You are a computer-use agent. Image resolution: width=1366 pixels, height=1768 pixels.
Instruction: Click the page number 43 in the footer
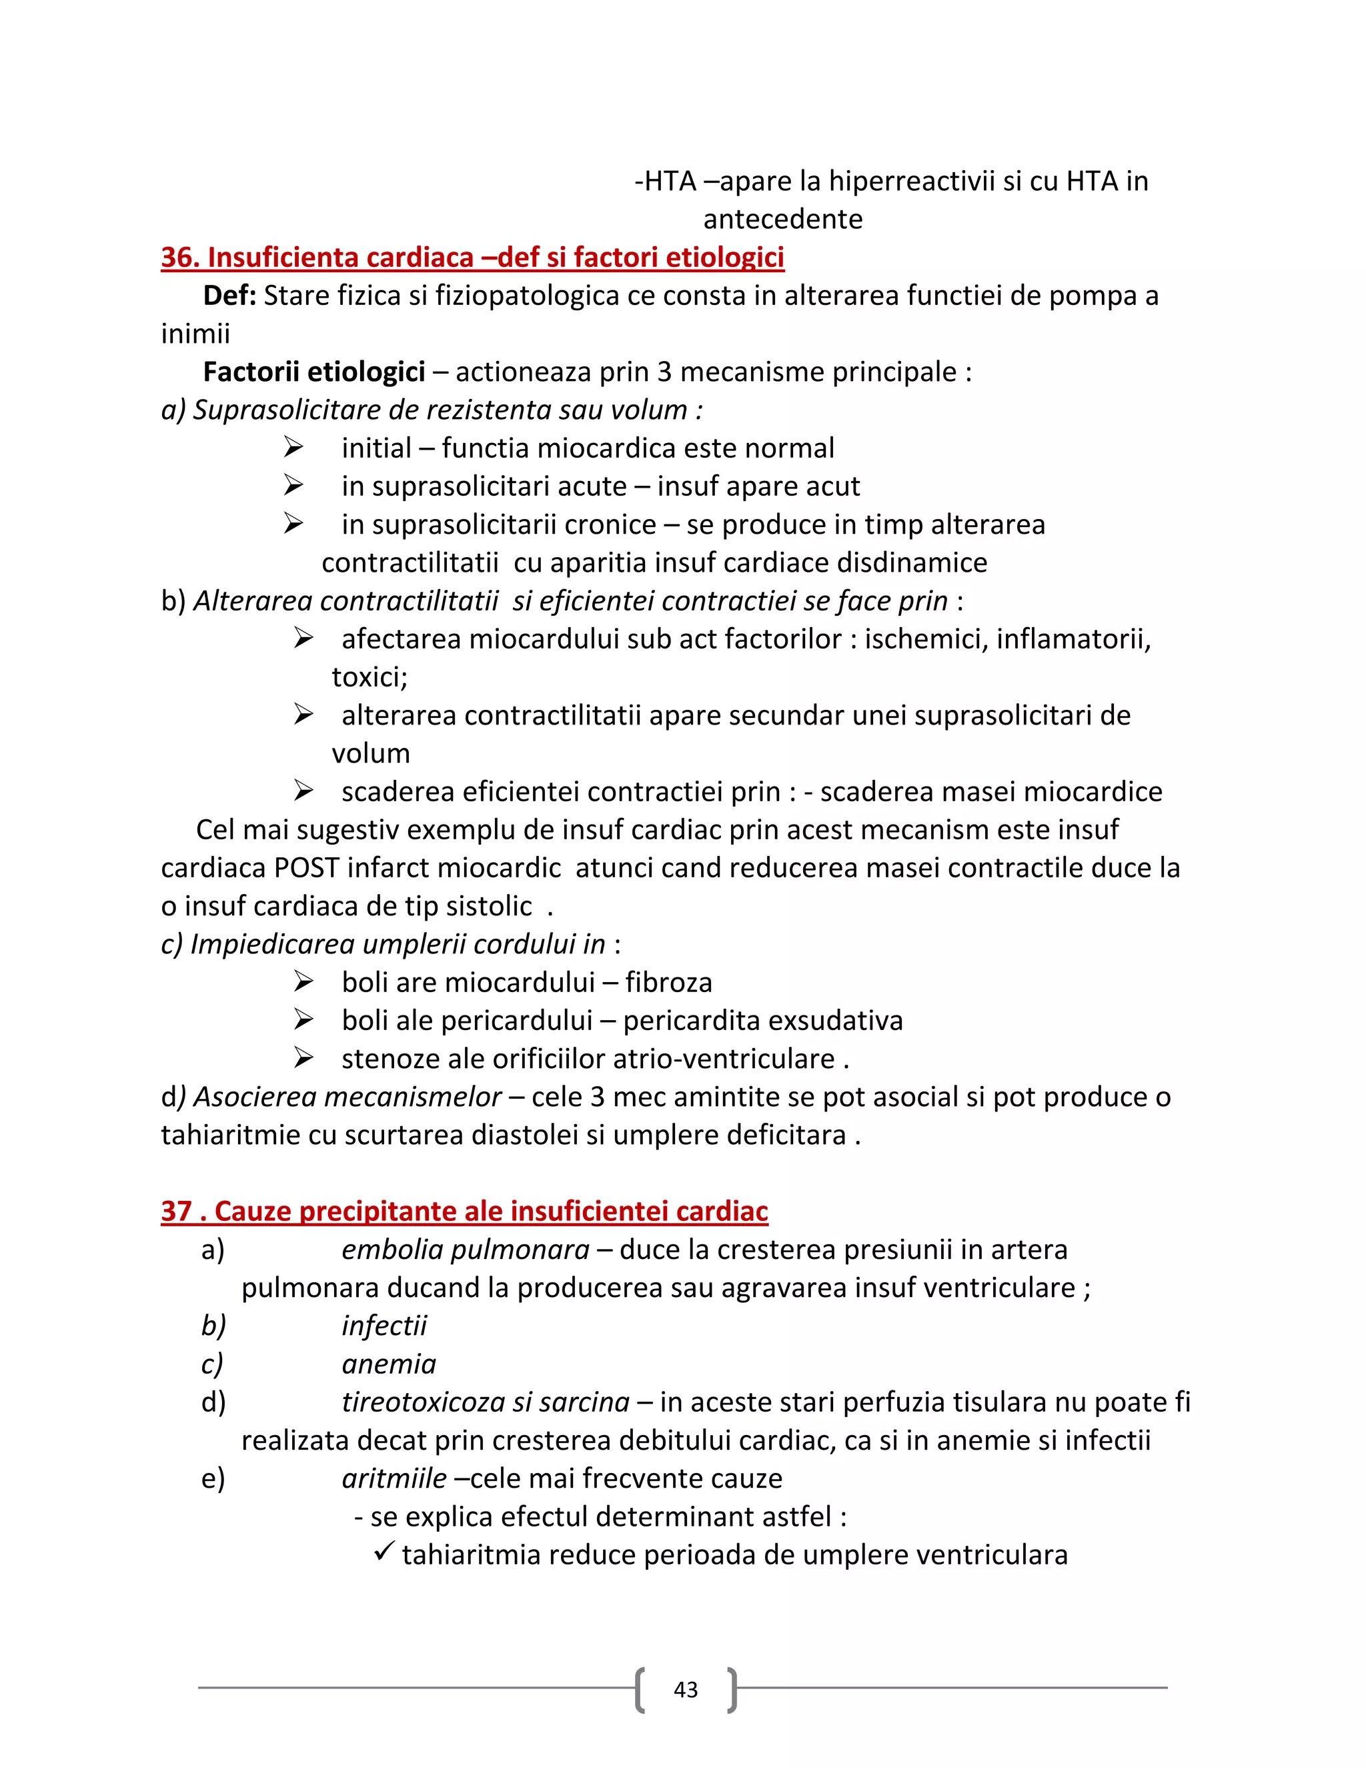coord(686,1689)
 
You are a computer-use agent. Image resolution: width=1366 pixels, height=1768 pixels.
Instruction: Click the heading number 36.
coord(179,258)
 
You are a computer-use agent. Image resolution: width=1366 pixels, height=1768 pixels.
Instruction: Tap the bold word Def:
coord(229,296)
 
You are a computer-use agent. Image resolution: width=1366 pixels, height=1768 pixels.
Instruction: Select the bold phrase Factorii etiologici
coord(313,372)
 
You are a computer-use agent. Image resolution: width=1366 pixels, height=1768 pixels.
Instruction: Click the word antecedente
coord(782,219)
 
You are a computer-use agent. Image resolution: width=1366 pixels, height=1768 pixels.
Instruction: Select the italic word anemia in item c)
coord(388,1364)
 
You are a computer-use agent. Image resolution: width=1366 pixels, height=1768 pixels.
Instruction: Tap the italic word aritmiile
coord(394,1478)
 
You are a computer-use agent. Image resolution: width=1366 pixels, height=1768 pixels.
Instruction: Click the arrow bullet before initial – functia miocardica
coord(293,447)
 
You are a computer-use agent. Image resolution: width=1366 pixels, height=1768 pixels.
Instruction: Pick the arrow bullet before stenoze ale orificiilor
coord(303,1058)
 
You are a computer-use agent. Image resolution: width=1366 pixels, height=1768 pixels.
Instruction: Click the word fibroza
coord(668,982)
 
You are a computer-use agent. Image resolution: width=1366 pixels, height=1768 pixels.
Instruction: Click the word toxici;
coord(369,677)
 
